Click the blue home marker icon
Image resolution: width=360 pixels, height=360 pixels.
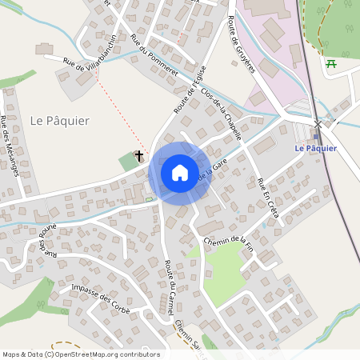click(x=179, y=172)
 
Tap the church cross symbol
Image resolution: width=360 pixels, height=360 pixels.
click(x=139, y=155)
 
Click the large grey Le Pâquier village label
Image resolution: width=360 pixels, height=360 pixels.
click(x=59, y=120)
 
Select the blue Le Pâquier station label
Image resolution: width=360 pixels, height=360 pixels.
click(x=316, y=148)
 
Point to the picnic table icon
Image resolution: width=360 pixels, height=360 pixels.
click(x=332, y=63)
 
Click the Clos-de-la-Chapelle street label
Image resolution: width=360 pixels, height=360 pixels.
click(x=222, y=113)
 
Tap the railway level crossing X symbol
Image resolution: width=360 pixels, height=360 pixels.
click(x=318, y=124)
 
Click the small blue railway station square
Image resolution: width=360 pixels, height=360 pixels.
click(x=317, y=136)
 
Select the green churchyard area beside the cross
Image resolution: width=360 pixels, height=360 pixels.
click(x=128, y=162)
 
